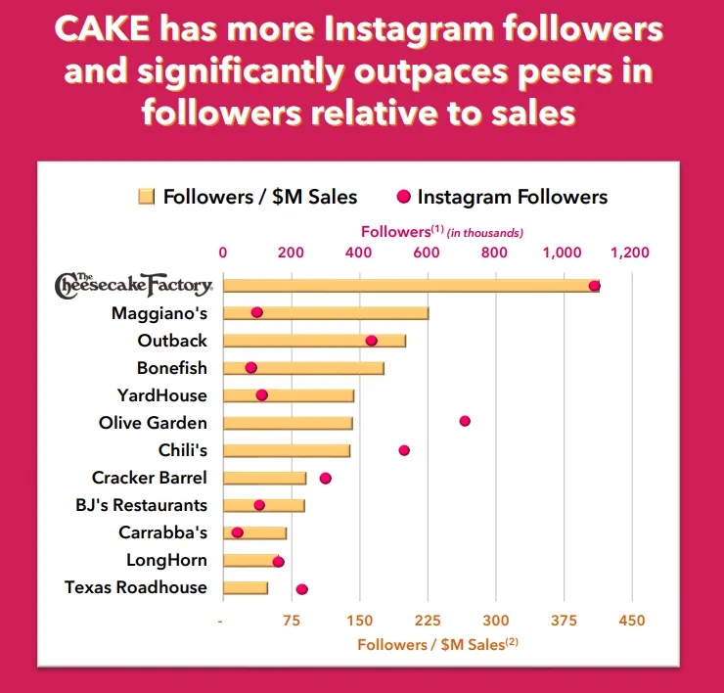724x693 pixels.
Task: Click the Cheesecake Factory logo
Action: pyautogui.click(x=134, y=286)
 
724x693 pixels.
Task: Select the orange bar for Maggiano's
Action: pyautogui.click(x=326, y=313)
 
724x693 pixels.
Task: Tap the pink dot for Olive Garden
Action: pyautogui.click(x=465, y=421)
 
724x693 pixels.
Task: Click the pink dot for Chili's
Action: pyautogui.click(x=404, y=450)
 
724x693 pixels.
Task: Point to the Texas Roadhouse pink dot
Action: pyautogui.click(x=302, y=589)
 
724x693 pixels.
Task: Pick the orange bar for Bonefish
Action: pyautogui.click(x=304, y=368)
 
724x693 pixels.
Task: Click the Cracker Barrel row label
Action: pyautogui.click(x=149, y=478)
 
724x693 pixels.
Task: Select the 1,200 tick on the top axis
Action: pyautogui.click(x=630, y=253)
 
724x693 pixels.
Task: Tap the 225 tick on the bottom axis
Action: pyautogui.click(x=428, y=620)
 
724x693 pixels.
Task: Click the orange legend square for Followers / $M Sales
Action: pyautogui.click(x=147, y=197)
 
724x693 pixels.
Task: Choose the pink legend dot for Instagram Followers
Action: pyautogui.click(x=403, y=197)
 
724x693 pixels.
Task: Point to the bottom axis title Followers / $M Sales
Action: pyautogui.click(x=437, y=644)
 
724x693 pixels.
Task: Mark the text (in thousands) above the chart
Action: pyautogui.click(x=485, y=233)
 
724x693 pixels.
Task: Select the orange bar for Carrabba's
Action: pyautogui.click(x=255, y=532)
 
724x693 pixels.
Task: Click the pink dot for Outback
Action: pyautogui.click(x=371, y=341)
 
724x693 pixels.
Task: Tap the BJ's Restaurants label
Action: pyautogui.click(x=141, y=505)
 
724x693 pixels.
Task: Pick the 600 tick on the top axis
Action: pyautogui.click(x=427, y=253)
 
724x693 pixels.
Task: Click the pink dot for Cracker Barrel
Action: pyautogui.click(x=326, y=479)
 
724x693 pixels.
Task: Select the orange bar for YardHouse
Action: pyautogui.click(x=289, y=396)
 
